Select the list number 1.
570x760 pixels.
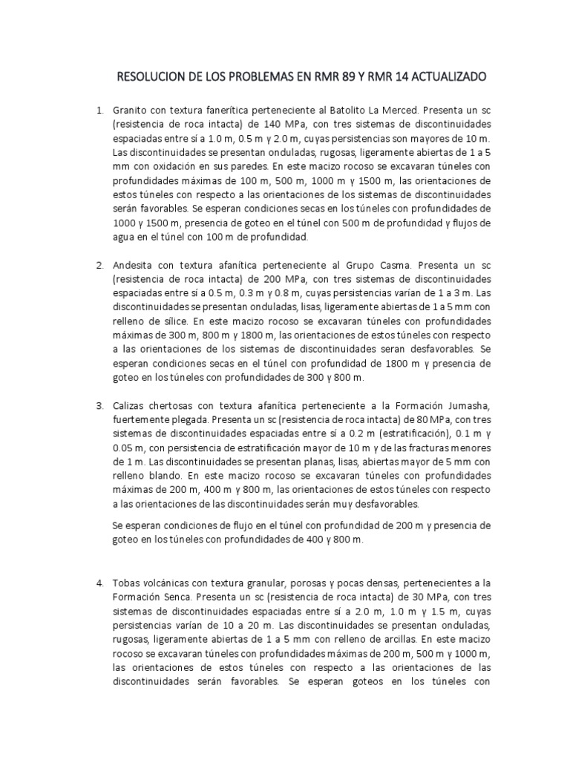click(99, 111)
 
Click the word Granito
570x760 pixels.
click(131, 111)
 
